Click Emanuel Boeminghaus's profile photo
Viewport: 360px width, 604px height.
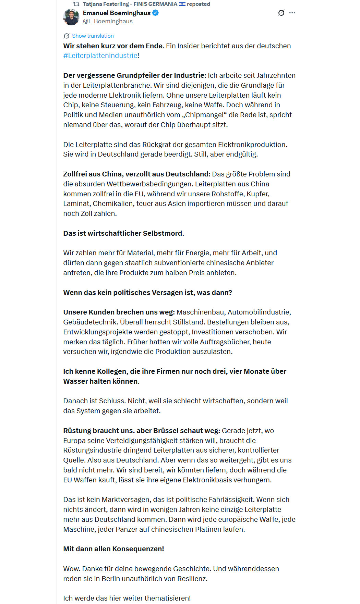71,17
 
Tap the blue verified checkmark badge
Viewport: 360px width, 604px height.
155,13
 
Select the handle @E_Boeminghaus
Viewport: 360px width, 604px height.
108,21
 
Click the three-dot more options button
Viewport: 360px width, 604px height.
292,13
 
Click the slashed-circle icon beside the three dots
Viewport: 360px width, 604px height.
281,13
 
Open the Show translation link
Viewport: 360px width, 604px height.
93,36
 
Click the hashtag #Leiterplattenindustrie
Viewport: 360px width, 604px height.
100,56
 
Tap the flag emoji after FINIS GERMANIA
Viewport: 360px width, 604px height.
182,4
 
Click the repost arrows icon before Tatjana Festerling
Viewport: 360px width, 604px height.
76,4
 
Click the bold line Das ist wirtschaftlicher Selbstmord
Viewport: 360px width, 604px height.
123,233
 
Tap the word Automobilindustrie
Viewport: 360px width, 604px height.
259,312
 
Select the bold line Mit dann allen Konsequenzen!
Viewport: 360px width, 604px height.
113,549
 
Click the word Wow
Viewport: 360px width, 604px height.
71,569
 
